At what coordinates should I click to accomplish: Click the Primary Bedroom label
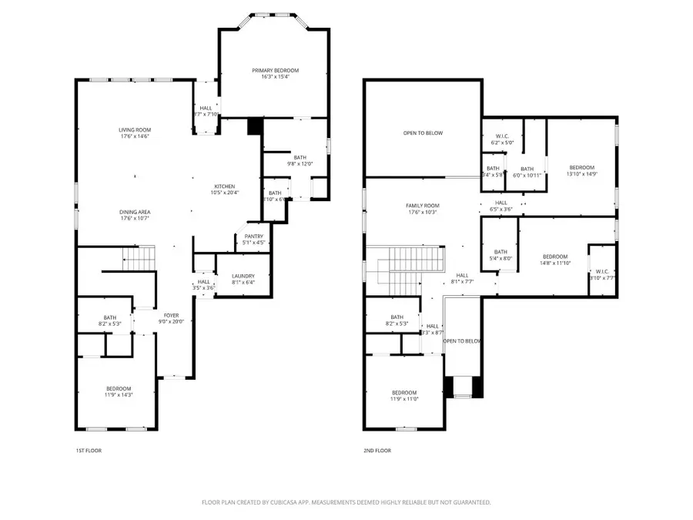pyautogui.click(x=275, y=70)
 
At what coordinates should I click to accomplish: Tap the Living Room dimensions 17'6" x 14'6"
pyautogui.click(x=134, y=136)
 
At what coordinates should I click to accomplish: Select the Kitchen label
pyautogui.click(x=224, y=187)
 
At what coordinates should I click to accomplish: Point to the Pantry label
pyautogui.click(x=254, y=237)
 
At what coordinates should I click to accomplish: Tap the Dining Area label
pyautogui.click(x=134, y=212)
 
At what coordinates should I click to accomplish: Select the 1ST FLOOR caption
pyautogui.click(x=89, y=450)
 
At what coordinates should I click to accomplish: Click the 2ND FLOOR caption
pyautogui.click(x=377, y=450)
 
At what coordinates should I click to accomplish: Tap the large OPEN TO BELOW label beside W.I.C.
pyautogui.click(x=423, y=133)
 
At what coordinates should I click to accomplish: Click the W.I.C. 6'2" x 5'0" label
pyautogui.click(x=502, y=139)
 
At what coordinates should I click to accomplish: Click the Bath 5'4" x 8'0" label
pyautogui.click(x=500, y=255)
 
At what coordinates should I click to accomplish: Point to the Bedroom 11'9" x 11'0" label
pyautogui.click(x=403, y=395)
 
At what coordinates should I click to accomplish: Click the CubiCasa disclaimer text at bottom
pyautogui.click(x=346, y=502)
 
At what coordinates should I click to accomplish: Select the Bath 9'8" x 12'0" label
pyautogui.click(x=300, y=160)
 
